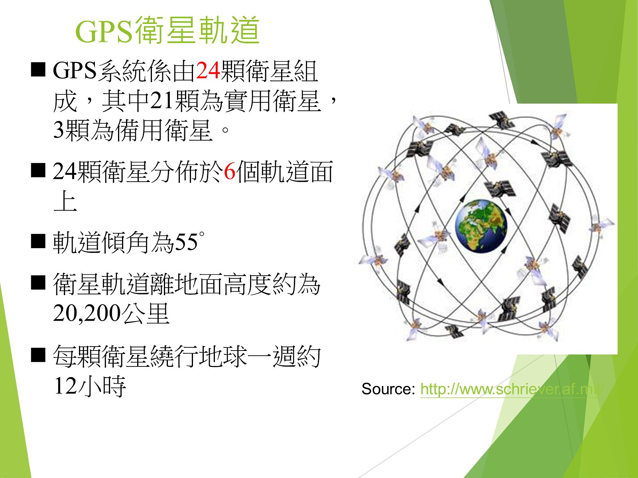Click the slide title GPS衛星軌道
167,30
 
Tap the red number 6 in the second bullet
230,172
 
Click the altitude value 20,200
87,313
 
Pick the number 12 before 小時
66,386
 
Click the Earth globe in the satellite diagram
481,226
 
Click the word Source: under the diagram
388,389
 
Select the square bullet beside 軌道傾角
38,241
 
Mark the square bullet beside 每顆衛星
38,355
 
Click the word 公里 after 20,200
145,313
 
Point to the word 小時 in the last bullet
102,386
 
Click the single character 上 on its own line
65,201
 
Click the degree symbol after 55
201,234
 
